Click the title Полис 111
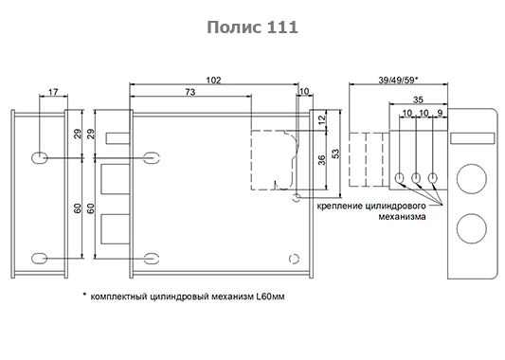click(252, 27)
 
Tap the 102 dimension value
click(213, 80)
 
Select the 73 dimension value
click(190, 92)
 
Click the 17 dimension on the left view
click(53, 92)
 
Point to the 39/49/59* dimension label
click(398, 80)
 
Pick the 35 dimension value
click(418, 99)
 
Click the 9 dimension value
click(440, 113)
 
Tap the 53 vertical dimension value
click(335, 153)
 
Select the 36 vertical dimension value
click(322, 160)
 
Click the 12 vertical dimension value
click(322, 119)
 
